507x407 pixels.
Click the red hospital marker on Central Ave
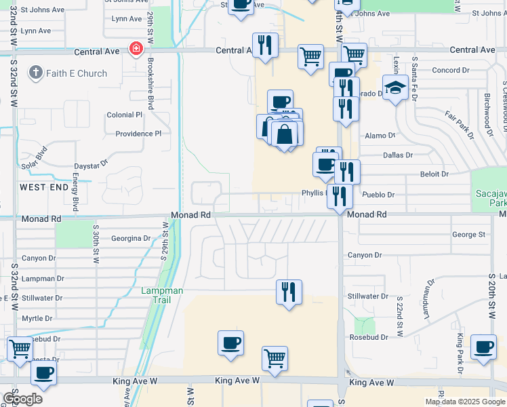tap(136, 49)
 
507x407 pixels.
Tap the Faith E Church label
tap(68, 73)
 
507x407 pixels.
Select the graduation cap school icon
tap(395, 88)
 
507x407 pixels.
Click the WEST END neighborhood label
tap(44, 187)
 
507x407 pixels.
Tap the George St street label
tap(469, 235)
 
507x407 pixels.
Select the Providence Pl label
tap(138, 134)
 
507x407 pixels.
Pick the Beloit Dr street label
tap(434, 174)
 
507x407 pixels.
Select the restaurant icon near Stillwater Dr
tap(289, 292)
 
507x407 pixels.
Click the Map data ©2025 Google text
tap(465, 402)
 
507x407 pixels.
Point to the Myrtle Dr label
tap(37, 318)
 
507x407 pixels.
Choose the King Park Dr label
tap(460, 353)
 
